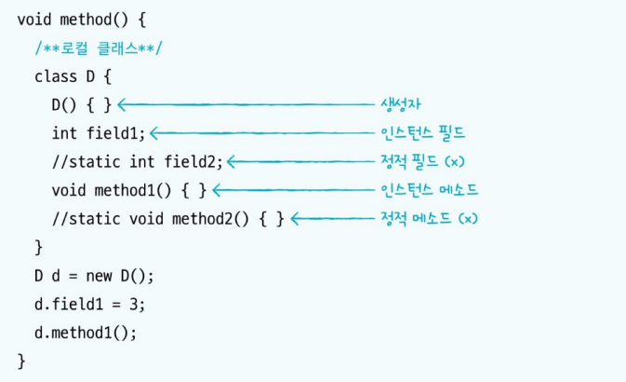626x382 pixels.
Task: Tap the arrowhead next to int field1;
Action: click(x=154, y=132)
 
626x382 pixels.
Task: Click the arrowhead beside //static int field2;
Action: click(x=232, y=161)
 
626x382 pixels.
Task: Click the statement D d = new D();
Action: click(x=94, y=277)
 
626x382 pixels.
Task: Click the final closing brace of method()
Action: click(x=21, y=361)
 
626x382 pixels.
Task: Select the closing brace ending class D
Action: click(x=38, y=247)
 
